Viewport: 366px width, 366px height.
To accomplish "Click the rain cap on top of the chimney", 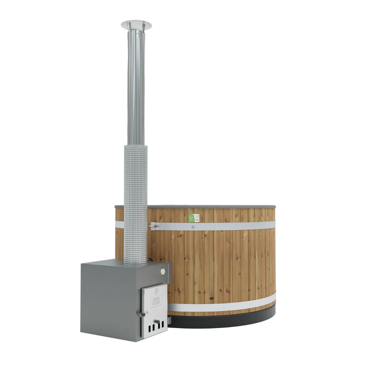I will [136, 25].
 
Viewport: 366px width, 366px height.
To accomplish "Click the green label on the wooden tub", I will [191, 218].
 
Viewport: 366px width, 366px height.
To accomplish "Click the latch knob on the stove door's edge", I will [144, 314].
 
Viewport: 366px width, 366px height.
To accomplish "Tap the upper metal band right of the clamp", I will [237, 225].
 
